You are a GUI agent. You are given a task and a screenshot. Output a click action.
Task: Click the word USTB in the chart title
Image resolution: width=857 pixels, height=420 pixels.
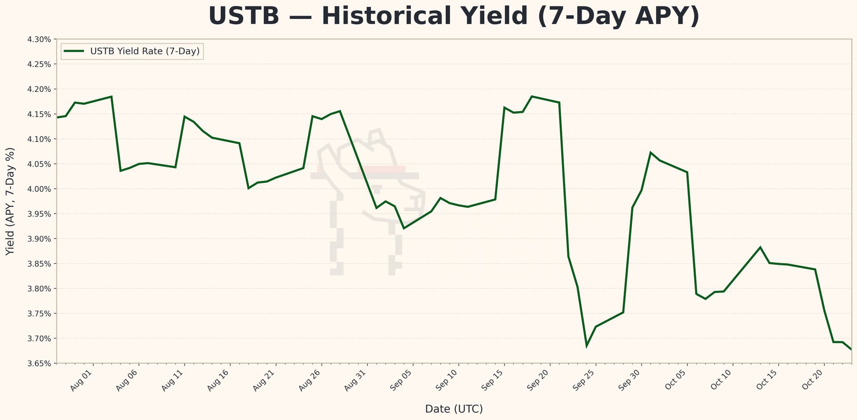coord(243,16)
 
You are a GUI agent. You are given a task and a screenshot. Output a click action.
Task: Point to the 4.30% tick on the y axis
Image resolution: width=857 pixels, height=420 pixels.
coord(39,39)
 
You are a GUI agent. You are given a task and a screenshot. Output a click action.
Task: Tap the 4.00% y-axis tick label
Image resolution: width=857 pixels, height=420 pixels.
coord(39,189)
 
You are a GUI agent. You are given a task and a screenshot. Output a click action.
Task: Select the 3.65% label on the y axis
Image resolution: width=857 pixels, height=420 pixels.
coord(39,363)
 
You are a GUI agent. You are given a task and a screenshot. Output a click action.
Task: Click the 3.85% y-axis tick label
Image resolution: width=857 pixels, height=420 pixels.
coord(39,264)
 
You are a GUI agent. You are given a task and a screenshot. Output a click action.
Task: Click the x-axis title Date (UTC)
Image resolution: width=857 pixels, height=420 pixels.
coord(454,409)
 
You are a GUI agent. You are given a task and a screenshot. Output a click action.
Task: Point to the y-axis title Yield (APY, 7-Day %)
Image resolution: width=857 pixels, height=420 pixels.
coord(10,201)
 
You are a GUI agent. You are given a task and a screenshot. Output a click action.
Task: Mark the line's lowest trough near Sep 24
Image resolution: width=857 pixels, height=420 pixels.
coord(587,346)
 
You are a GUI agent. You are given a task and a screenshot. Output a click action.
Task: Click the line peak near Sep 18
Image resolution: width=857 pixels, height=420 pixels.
coord(532,96)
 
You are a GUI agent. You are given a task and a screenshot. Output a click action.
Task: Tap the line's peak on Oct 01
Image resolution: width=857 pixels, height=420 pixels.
coord(650,153)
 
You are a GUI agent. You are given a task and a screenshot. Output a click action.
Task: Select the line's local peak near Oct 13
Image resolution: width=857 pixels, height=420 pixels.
coord(760,247)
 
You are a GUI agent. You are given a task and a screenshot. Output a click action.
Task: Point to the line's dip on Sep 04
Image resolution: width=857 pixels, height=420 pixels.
coord(404,228)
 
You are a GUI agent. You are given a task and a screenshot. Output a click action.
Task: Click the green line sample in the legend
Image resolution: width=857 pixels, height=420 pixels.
coord(74,51)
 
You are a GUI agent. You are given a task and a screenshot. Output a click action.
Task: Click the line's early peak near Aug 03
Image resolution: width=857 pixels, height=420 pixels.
coord(111,96)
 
